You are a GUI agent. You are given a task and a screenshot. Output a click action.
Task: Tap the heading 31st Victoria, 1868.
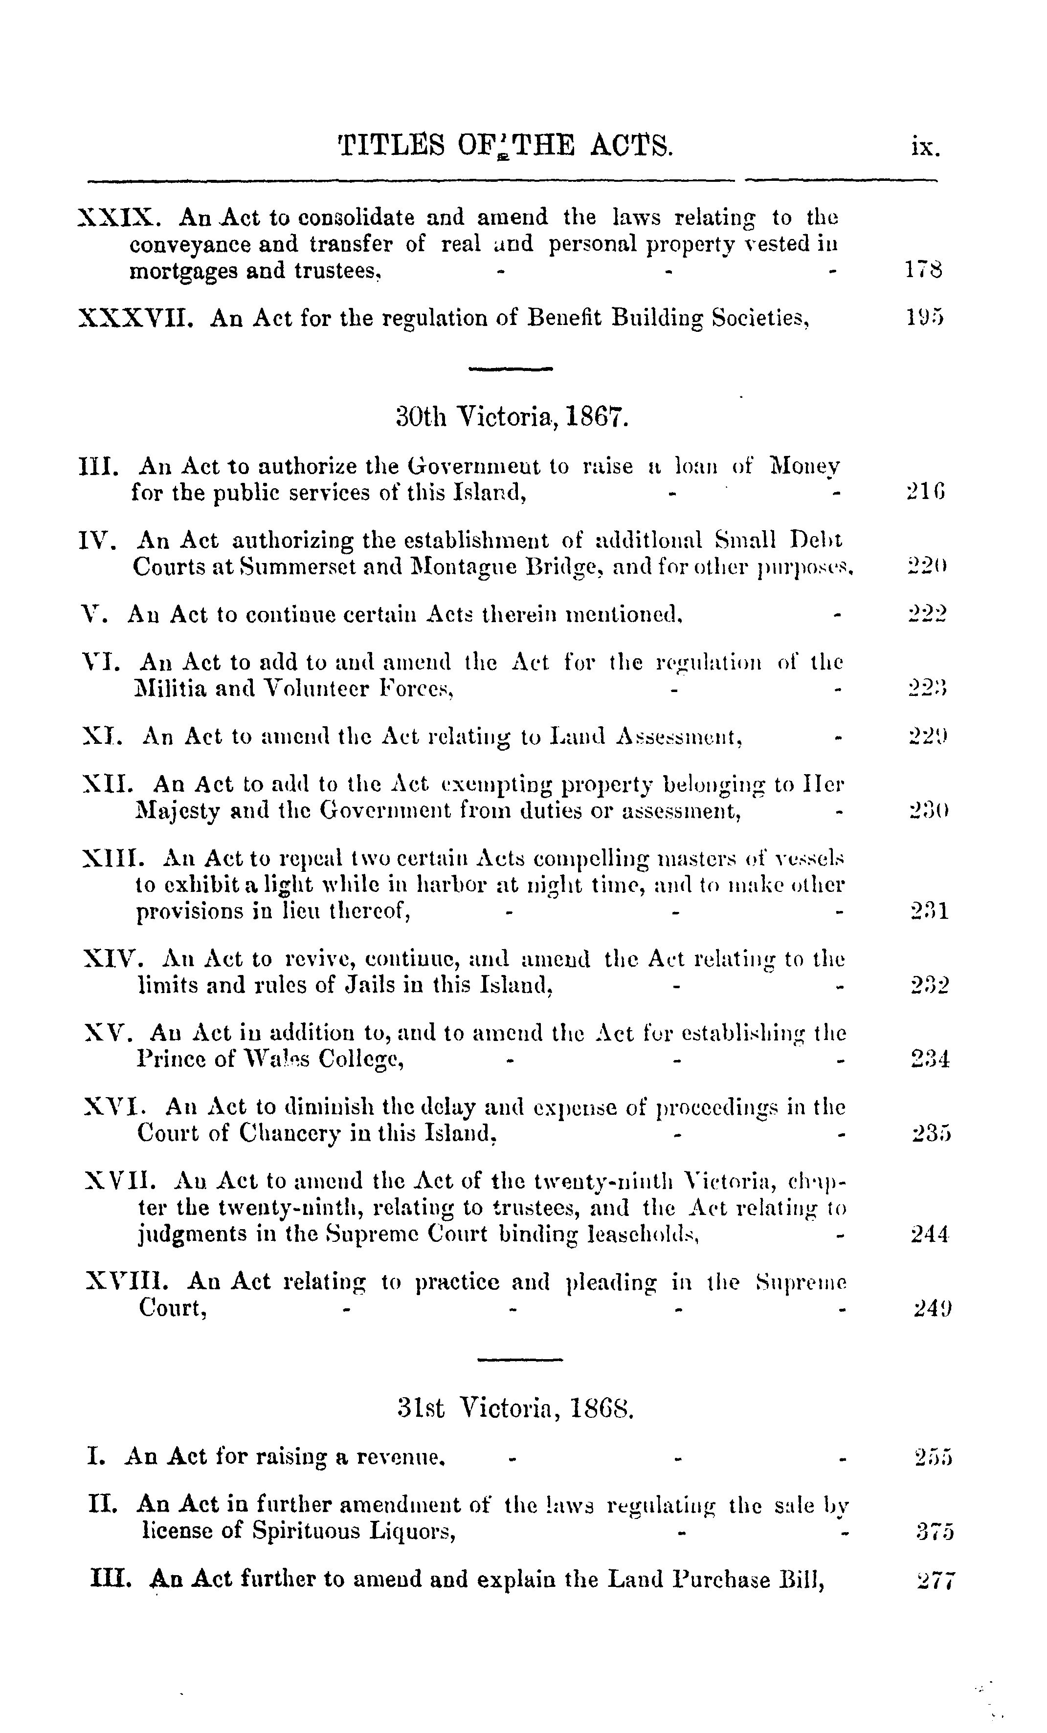tap(516, 1408)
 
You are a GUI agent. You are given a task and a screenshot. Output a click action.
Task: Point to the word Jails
tap(380, 985)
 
